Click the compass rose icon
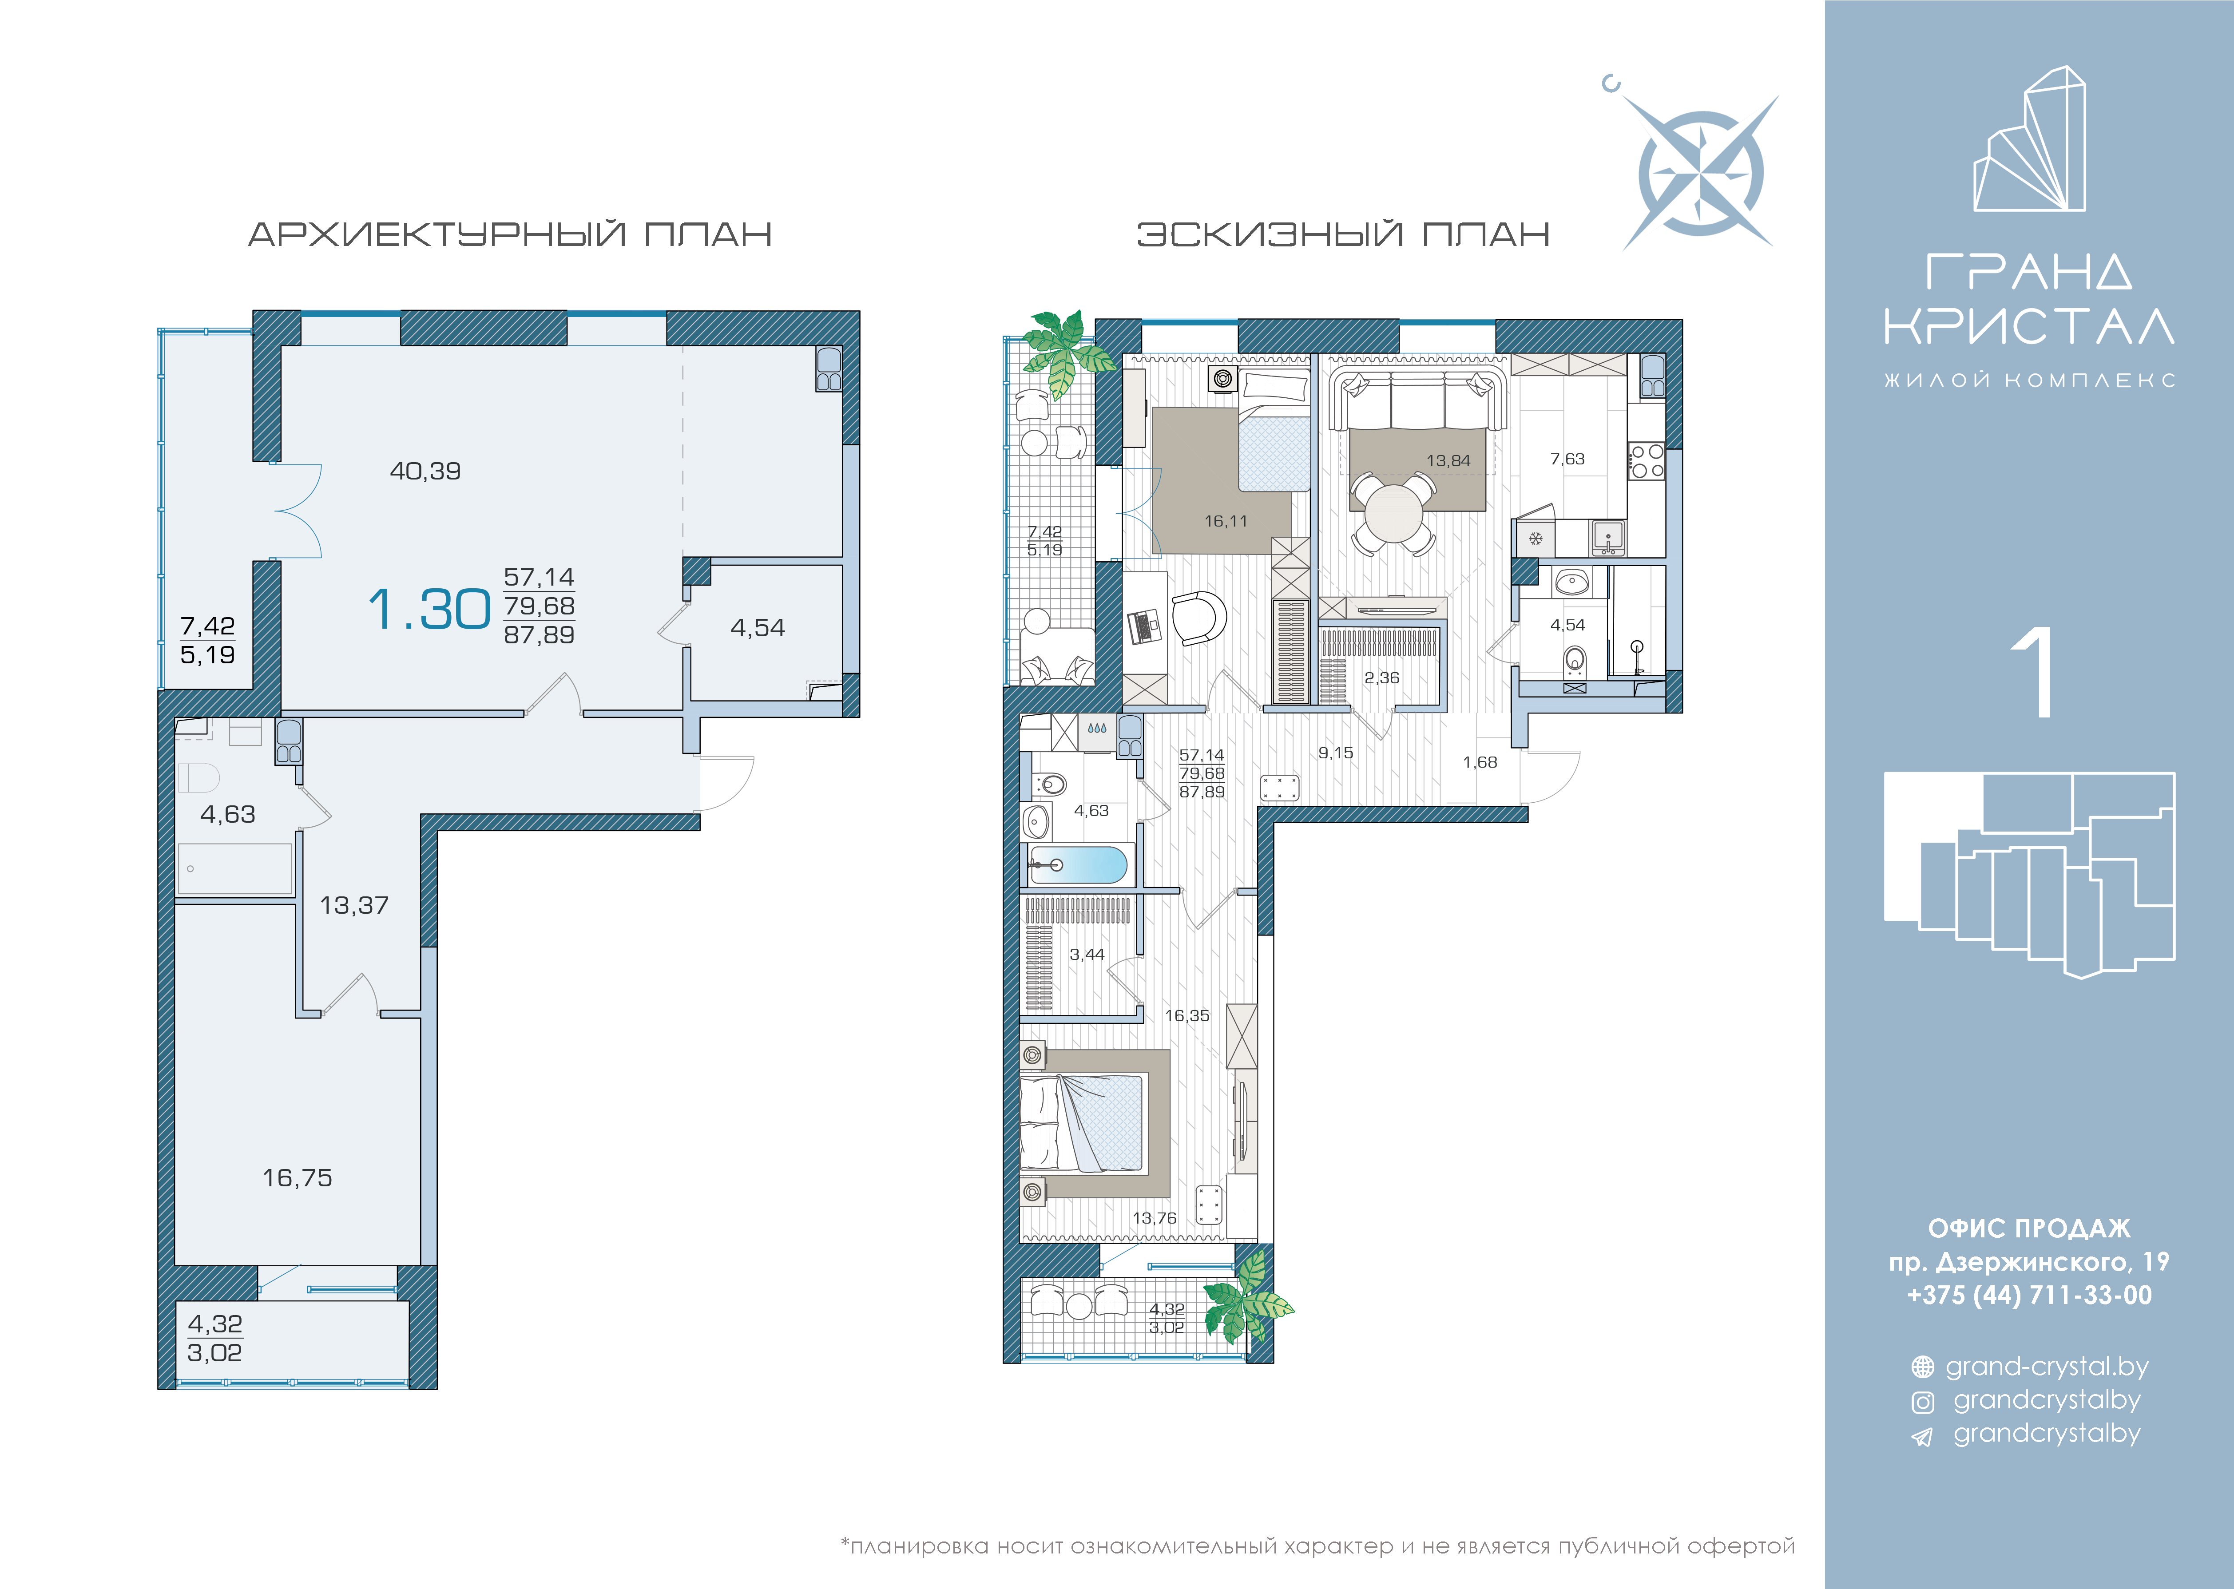pyautogui.click(x=1701, y=172)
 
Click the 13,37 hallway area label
pyautogui.click(x=354, y=905)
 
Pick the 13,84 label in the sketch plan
pyautogui.click(x=1448, y=461)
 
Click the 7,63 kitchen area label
pyautogui.click(x=1567, y=459)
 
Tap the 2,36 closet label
pyautogui.click(x=1382, y=677)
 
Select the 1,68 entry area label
pyautogui.click(x=1480, y=762)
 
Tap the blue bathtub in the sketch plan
pyautogui.click(x=1078, y=865)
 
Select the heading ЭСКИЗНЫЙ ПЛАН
pyautogui.click(x=1342, y=235)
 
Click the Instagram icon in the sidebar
pyautogui.click(x=1923, y=1402)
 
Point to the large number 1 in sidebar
pyautogui.click(x=2032, y=673)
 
